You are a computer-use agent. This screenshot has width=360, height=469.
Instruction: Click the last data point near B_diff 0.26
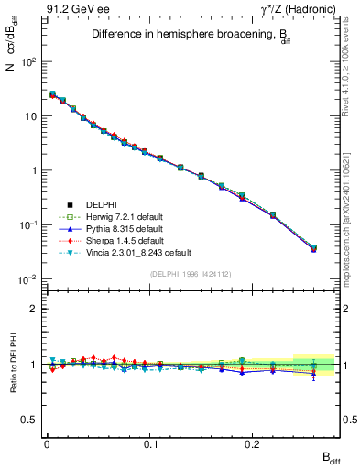(x=314, y=247)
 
